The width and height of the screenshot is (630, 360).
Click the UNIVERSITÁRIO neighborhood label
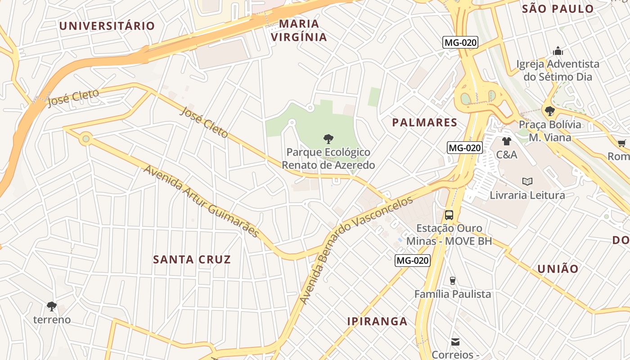(x=107, y=26)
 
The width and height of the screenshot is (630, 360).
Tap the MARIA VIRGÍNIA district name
(x=299, y=30)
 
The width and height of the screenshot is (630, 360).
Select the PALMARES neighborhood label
(x=424, y=122)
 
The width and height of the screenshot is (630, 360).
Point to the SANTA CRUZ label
(x=192, y=259)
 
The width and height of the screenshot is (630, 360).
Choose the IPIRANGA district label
(x=377, y=321)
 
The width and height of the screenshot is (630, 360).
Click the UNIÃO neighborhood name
(x=558, y=269)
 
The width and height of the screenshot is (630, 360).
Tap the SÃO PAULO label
(x=558, y=9)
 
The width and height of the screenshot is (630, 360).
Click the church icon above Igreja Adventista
(x=558, y=50)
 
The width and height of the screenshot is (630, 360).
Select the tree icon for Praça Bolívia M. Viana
(x=549, y=111)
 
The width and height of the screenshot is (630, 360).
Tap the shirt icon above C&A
(x=507, y=141)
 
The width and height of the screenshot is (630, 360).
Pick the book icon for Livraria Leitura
(x=527, y=181)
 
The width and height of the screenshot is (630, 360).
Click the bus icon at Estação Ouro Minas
(x=449, y=215)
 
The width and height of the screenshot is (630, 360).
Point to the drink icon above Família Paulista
(x=453, y=281)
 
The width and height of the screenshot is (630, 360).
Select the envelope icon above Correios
(x=455, y=342)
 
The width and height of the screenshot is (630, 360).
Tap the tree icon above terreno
(x=52, y=306)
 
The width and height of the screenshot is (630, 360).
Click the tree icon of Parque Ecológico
(x=328, y=139)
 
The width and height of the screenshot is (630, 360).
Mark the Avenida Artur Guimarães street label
(x=202, y=201)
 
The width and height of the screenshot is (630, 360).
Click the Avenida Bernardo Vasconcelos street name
(x=355, y=250)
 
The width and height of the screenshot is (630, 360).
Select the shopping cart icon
(x=621, y=144)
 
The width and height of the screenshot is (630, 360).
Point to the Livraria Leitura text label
(x=527, y=195)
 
